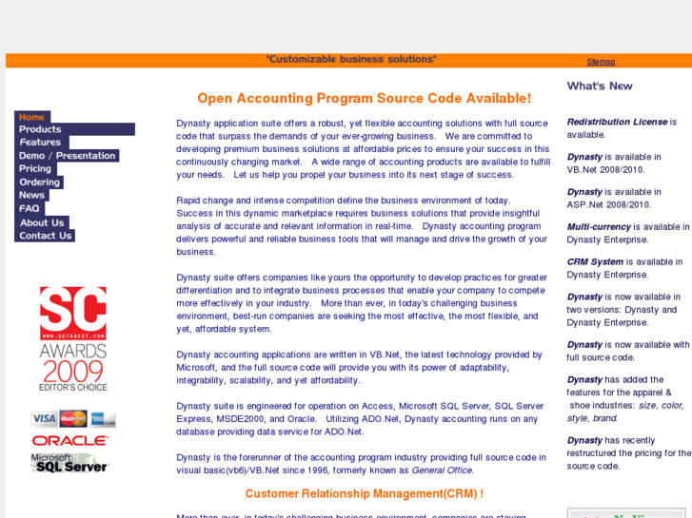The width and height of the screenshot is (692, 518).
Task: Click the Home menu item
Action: coord(32,117)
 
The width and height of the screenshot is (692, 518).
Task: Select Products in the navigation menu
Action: coord(40,129)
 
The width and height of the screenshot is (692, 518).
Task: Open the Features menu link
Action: coord(40,143)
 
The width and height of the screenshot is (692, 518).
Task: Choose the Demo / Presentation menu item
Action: coord(67,156)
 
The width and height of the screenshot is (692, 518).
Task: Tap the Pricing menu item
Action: coord(35,169)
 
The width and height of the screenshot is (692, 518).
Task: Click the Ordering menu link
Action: coord(39,182)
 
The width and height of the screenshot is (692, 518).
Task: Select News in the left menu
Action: coord(31,195)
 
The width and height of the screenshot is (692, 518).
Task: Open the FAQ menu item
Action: coord(30,208)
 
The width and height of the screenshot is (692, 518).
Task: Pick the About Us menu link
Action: coord(41,222)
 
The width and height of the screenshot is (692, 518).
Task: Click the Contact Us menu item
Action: coord(45,236)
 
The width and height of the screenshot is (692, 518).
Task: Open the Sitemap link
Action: coord(601,62)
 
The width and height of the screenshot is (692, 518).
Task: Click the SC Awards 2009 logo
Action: coord(73,338)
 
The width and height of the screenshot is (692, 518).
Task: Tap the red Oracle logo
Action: coord(70,441)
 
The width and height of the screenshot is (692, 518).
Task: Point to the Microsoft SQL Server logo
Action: coord(69,463)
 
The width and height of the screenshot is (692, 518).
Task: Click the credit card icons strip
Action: coord(73,419)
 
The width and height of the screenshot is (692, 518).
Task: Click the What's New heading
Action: coord(600,86)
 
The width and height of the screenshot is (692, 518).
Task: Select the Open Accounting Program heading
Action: coord(364,98)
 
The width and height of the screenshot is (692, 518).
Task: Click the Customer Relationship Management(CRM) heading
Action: coord(364,493)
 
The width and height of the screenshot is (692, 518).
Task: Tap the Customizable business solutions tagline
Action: coord(351,59)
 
